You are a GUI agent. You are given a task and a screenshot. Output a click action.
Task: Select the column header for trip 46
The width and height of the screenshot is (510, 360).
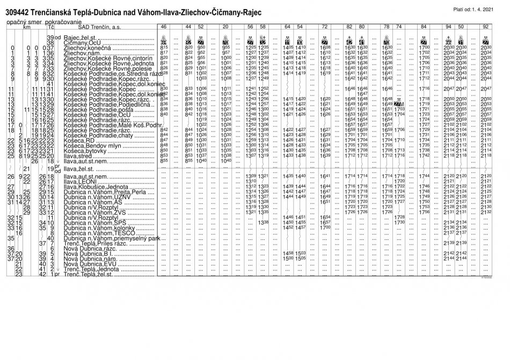coord(164,26)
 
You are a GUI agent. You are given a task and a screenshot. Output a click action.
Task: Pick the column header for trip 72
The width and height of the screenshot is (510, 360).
coord(325,26)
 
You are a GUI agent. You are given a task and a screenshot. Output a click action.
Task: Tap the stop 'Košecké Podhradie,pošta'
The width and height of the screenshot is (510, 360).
coord(93,109)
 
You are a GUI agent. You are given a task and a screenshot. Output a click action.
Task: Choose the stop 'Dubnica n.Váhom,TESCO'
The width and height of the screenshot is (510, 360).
coord(94,233)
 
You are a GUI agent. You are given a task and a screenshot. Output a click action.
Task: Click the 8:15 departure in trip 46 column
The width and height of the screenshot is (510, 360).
coord(164,48)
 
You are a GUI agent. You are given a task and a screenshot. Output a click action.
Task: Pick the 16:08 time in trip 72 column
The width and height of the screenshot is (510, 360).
coord(325,48)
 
